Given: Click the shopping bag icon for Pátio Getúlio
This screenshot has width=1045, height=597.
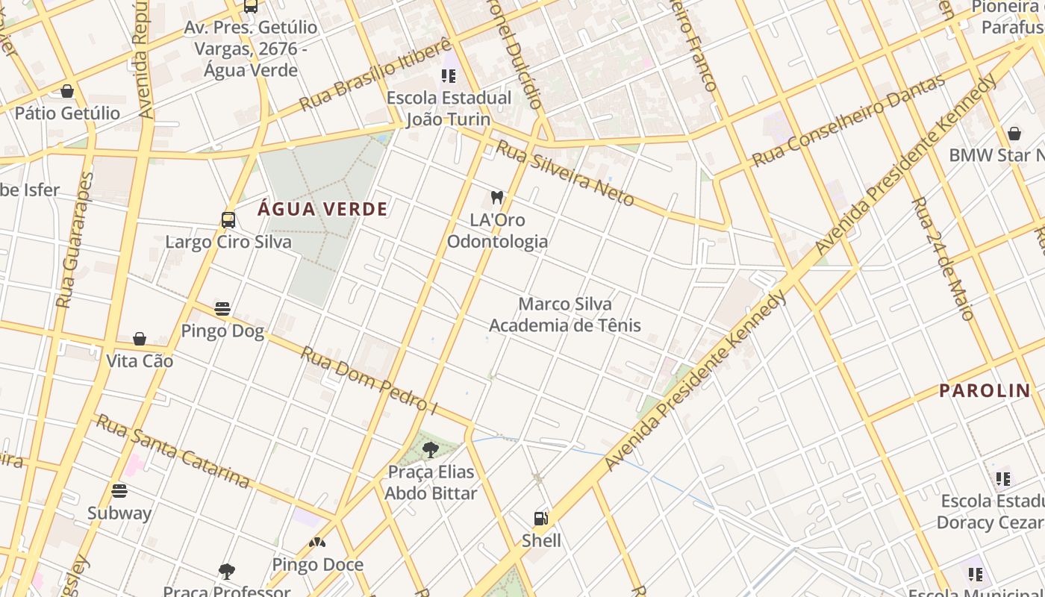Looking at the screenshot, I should click(67, 91).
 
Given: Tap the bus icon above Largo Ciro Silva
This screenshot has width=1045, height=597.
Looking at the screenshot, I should click(228, 220).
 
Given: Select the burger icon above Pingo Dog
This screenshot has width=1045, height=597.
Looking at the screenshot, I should click(222, 308).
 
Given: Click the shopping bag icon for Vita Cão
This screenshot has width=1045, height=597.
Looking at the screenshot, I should click(140, 339).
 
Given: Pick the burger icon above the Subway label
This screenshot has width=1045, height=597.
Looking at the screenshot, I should click(119, 491).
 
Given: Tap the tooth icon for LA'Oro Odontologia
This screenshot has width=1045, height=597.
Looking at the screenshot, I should click(497, 198).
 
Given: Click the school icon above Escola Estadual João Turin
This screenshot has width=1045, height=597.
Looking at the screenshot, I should click(449, 75).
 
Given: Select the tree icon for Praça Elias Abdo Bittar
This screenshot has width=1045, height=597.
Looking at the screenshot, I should click(431, 449).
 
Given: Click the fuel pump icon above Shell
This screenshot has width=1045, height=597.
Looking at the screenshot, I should click(541, 518).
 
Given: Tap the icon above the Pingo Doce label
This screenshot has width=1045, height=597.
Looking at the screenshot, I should click(317, 543).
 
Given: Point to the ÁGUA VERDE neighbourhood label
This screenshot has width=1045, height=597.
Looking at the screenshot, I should click(322, 209).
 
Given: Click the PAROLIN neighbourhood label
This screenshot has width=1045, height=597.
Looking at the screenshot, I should click(984, 390).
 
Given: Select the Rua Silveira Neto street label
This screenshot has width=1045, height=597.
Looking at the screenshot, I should click(565, 173).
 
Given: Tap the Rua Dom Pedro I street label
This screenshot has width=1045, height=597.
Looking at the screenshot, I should click(369, 378).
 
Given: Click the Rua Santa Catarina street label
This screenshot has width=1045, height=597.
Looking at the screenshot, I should click(173, 451).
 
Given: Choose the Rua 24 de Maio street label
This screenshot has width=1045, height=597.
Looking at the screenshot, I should click(943, 258).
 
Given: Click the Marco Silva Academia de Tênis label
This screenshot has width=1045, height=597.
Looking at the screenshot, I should click(564, 314).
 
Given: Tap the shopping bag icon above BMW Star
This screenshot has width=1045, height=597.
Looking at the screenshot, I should click(1014, 134).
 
